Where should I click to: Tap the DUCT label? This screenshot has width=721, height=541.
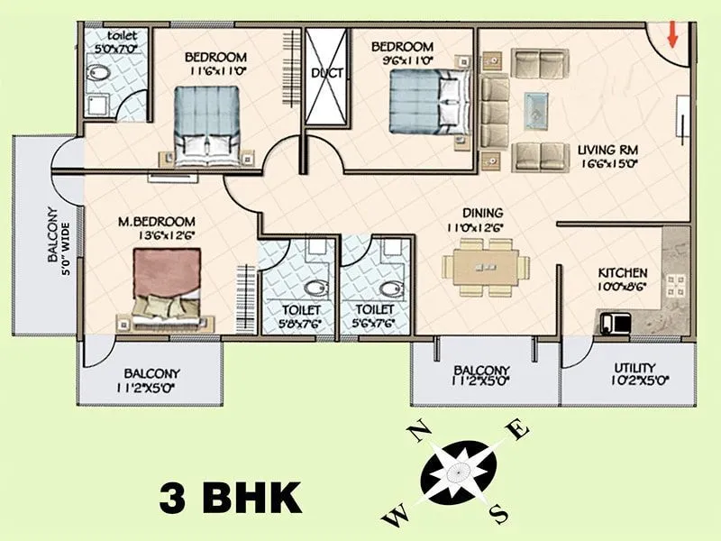[x=326, y=73]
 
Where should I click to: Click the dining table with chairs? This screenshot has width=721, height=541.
[x=486, y=268]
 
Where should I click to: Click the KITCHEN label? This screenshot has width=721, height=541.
[x=623, y=272]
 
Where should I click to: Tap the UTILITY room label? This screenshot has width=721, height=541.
[x=634, y=368]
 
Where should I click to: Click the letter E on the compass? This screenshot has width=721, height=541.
[x=518, y=429]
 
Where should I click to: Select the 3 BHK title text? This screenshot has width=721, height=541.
[x=230, y=497]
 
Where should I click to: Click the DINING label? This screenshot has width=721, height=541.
[x=483, y=214]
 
